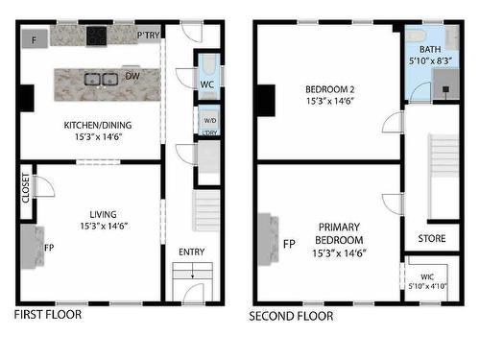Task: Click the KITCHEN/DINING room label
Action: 97,124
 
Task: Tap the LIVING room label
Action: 98,215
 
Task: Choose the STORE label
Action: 431,238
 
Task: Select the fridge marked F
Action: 35,39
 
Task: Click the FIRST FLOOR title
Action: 48,314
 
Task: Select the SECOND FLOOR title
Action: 292,315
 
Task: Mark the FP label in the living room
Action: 49,247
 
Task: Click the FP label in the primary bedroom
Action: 289,244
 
